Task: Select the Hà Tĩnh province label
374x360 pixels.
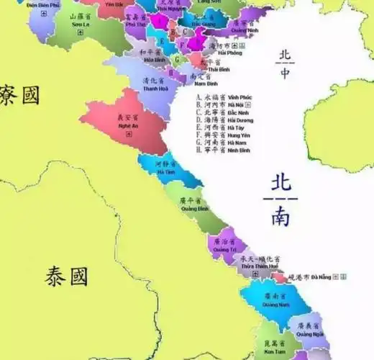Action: click(165, 168)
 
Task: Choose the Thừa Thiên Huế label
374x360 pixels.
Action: click(260, 263)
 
